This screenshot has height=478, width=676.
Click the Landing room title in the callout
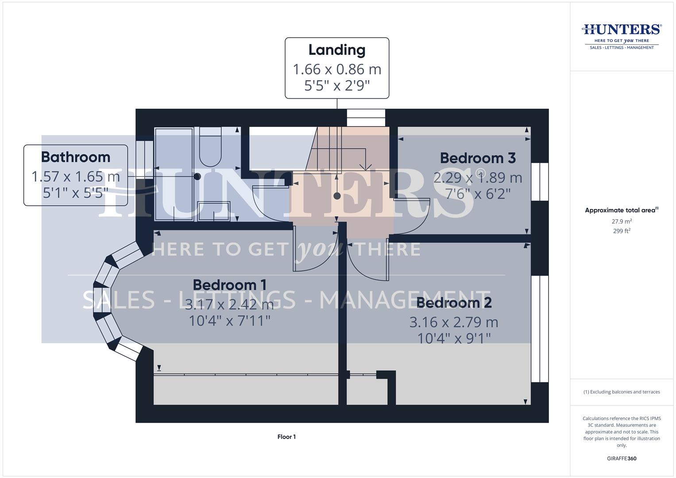(336, 50)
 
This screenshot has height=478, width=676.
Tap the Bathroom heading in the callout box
(75, 157)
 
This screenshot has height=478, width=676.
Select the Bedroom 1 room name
(229, 285)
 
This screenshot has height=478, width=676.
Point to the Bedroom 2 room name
(454, 303)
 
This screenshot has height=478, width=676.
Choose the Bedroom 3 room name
(478, 158)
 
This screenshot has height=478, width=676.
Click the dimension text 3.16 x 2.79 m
(454, 322)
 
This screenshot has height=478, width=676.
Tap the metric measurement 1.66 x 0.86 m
(336, 69)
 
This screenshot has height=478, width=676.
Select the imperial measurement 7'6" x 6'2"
(478, 194)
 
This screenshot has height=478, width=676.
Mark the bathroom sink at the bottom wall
(214, 211)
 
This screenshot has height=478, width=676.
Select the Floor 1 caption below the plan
(286, 437)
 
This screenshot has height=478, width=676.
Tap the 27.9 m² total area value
(622, 221)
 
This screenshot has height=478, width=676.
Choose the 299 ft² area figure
(622, 231)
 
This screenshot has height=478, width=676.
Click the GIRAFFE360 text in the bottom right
(622, 459)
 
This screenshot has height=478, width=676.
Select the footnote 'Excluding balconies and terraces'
(622, 392)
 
